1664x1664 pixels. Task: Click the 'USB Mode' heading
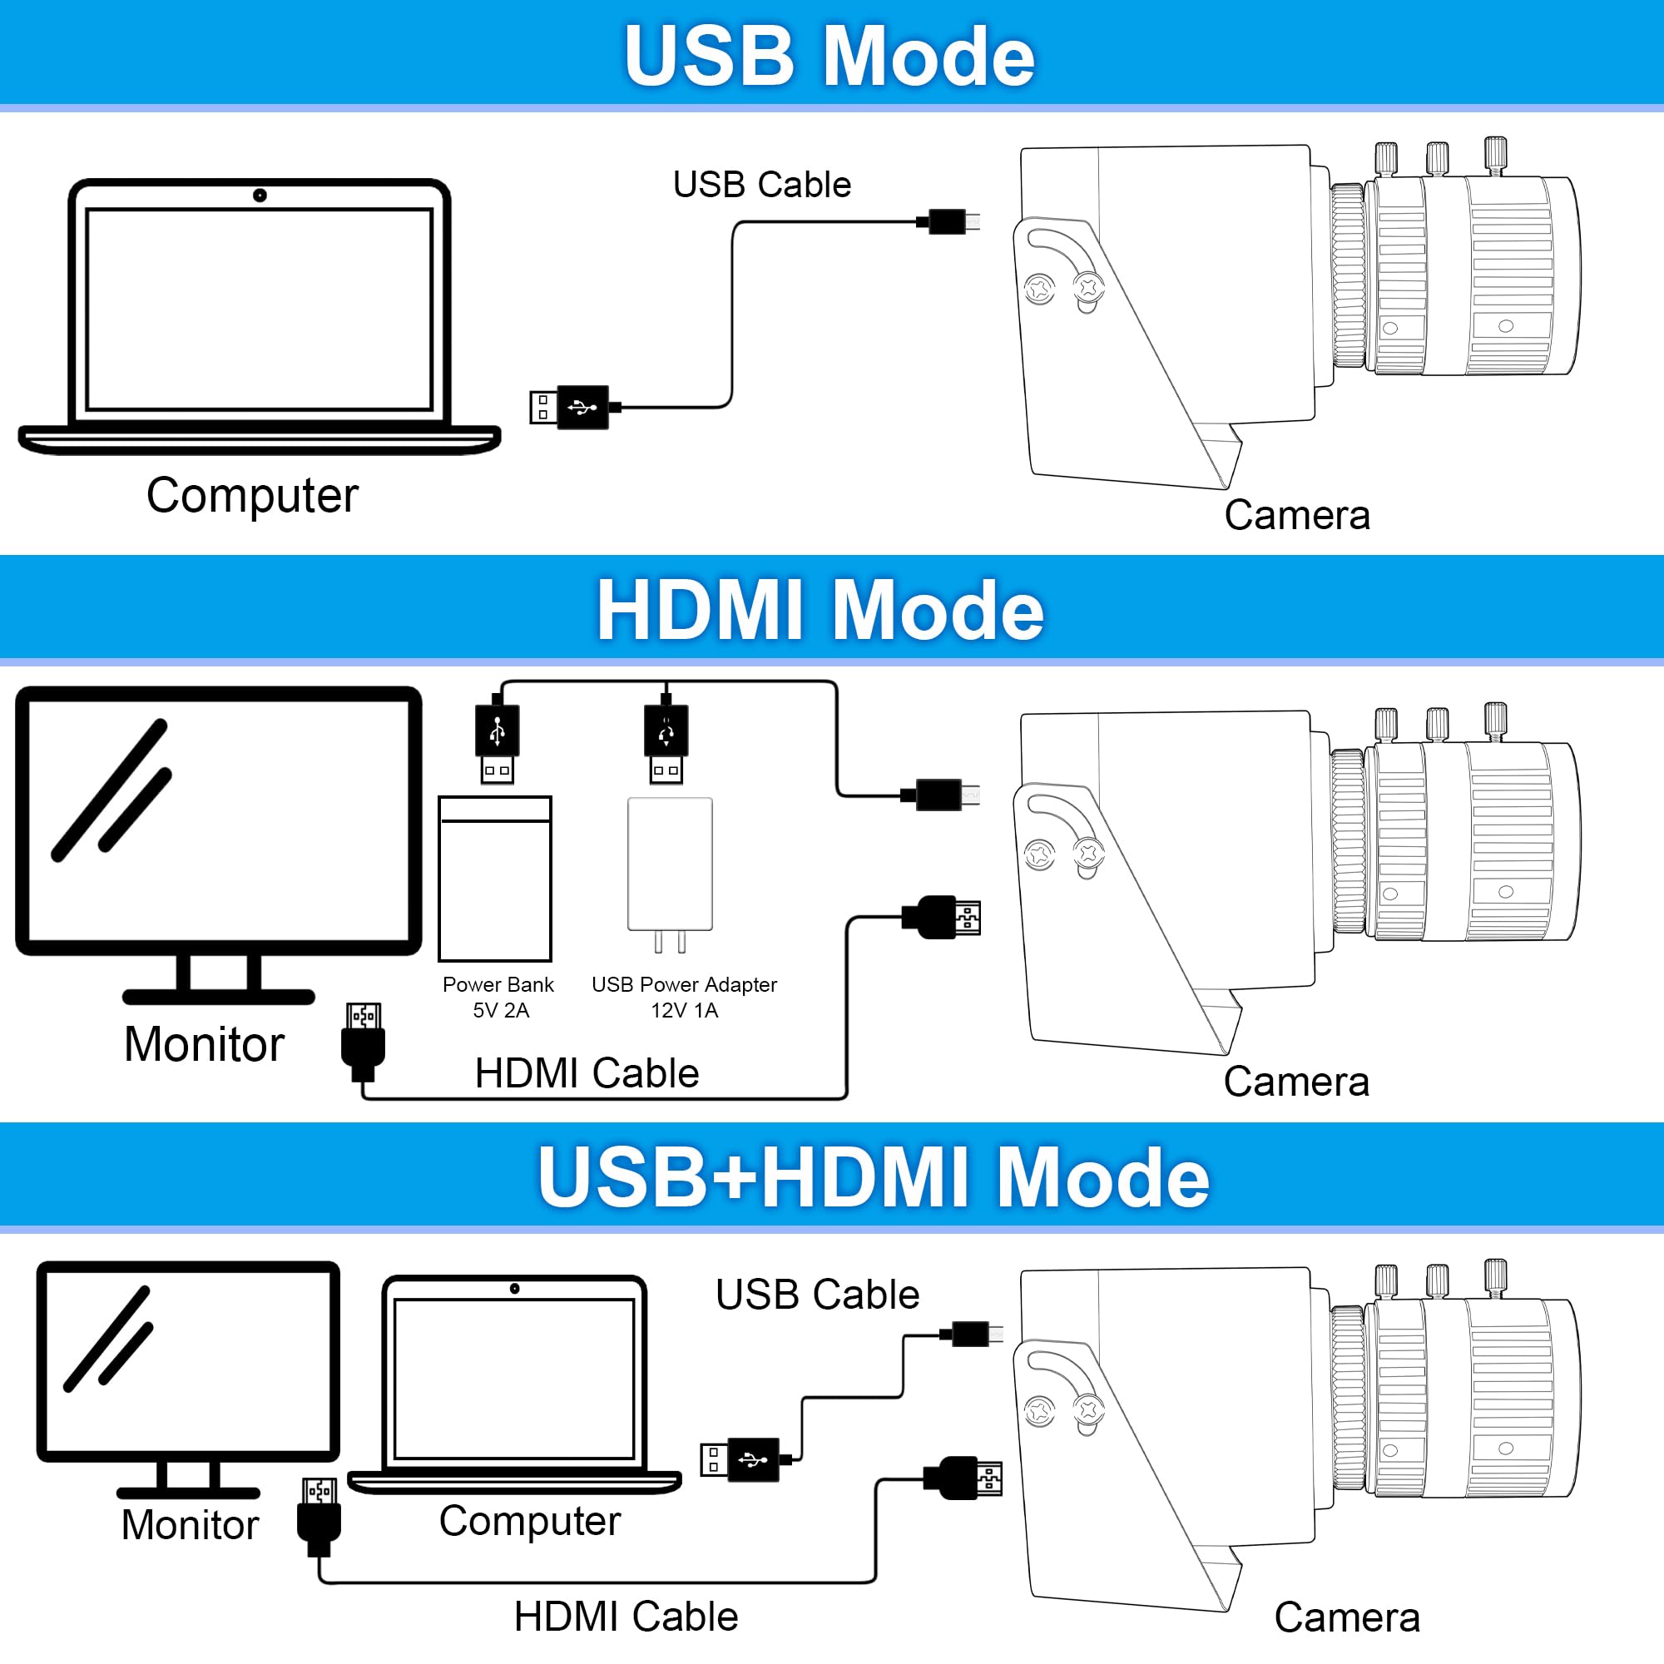[x=829, y=56]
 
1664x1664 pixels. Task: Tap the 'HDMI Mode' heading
[x=820, y=610]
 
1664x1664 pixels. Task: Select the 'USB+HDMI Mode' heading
[x=874, y=1176]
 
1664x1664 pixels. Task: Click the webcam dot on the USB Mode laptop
[x=260, y=196]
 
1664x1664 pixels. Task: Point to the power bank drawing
[x=494, y=879]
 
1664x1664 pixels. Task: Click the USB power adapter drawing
[x=670, y=865]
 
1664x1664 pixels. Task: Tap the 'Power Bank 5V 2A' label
[x=498, y=997]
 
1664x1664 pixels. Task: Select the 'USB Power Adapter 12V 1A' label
[x=684, y=997]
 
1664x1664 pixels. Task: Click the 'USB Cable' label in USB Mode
[x=761, y=185]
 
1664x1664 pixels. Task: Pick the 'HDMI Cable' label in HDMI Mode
[x=587, y=1073]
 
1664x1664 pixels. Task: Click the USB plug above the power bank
[x=497, y=740]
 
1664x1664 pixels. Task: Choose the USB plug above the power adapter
[x=666, y=740]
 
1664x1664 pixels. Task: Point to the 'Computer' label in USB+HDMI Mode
[x=530, y=1521]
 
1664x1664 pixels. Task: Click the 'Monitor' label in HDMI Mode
[x=204, y=1044]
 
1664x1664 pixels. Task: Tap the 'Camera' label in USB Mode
[x=1296, y=515]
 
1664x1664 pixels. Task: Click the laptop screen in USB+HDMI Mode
[x=514, y=1378]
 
